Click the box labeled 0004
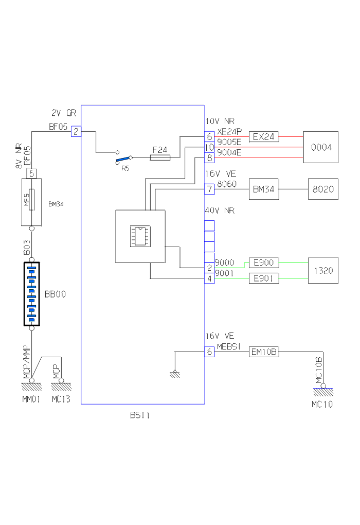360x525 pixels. pos(321,147)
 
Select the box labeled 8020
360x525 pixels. pos(323,189)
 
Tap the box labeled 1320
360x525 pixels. pos(323,270)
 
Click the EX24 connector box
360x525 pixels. pos(264,137)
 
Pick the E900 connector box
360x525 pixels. pos(264,262)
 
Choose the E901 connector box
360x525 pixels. pos(264,279)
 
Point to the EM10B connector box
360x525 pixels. pos(264,352)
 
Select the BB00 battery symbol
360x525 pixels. pos(31,294)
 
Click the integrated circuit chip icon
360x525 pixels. pos(140,235)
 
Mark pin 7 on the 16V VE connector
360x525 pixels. pos(209,189)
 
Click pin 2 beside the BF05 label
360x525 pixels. pos(76,132)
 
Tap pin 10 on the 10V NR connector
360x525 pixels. pos(209,147)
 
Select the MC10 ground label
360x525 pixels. pos(322,405)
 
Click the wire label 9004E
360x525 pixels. pos(229,153)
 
